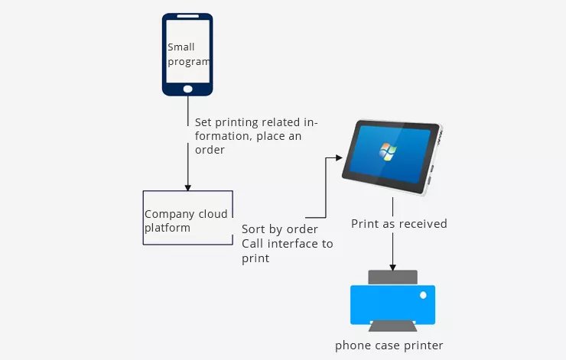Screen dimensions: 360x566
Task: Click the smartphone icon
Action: (x=187, y=54)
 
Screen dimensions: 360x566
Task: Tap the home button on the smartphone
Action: (x=187, y=89)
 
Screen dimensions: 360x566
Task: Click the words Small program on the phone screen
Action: (x=187, y=54)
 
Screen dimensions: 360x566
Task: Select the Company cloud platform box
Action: (x=188, y=218)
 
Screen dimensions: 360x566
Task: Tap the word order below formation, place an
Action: (x=210, y=150)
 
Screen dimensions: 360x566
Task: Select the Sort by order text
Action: (x=280, y=229)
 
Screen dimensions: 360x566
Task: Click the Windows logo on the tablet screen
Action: (x=387, y=151)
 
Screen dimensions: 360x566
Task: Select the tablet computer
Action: (x=390, y=156)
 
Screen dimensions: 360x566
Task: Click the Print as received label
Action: (x=398, y=224)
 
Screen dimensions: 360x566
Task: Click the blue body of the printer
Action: (x=392, y=304)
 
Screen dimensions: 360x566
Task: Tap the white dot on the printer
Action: (x=423, y=295)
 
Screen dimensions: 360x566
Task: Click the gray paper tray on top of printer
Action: (x=392, y=277)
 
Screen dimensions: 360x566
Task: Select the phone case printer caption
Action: (x=389, y=345)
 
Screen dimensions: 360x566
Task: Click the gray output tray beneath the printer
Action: (x=392, y=327)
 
